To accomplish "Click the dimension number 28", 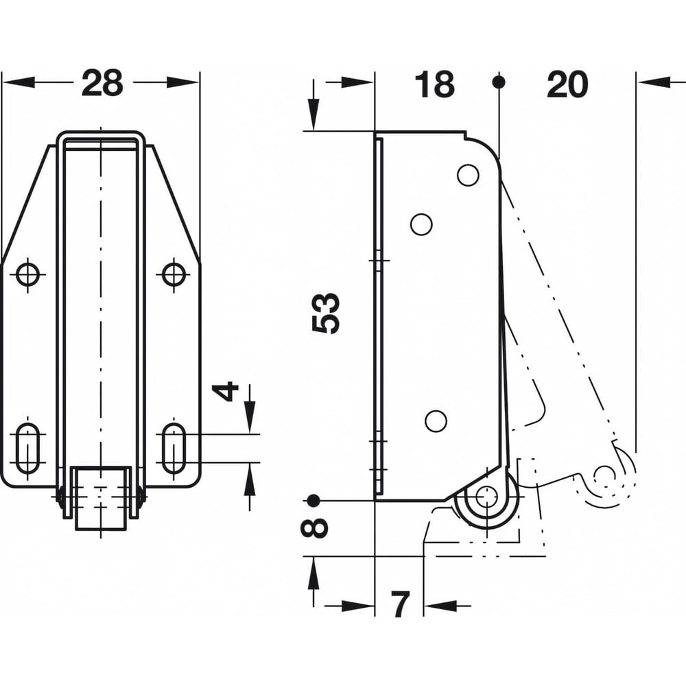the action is [102, 83].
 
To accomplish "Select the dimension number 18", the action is [434, 84].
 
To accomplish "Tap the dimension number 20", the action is [567, 84].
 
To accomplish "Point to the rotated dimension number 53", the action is [326, 314].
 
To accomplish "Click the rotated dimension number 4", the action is [225, 392].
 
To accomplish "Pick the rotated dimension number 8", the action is [314, 527].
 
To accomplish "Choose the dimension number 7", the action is [400, 604].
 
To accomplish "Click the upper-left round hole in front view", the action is [27, 275].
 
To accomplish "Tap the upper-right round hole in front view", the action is [174, 275].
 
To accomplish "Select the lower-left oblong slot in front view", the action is [27, 448].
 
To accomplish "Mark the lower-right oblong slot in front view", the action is [174, 448].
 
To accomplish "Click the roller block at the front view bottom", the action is [101, 498].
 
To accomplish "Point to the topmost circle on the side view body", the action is [468, 174].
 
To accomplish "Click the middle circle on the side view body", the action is [421, 224].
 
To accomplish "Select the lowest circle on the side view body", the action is [436, 422].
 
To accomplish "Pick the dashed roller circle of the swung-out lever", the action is [606, 475].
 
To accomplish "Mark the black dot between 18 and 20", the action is [499, 82].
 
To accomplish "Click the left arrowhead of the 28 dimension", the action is [19, 82].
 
